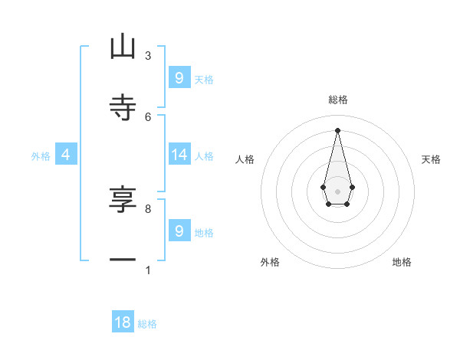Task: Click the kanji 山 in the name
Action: pyautogui.click(x=123, y=47)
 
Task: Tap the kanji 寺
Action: pyautogui.click(x=123, y=107)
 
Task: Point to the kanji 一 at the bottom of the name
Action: pyautogui.click(x=123, y=260)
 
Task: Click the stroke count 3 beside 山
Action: pyautogui.click(x=148, y=55)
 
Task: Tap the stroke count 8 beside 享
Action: pyautogui.click(x=148, y=208)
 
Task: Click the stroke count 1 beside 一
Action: pyautogui.click(x=148, y=270)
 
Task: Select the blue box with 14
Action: pyautogui.click(x=179, y=155)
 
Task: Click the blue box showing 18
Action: pyautogui.click(x=123, y=322)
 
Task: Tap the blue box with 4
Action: pyautogui.click(x=66, y=155)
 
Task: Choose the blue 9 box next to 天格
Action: pyautogui.click(x=179, y=77)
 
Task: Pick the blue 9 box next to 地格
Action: pyautogui.click(x=179, y=231)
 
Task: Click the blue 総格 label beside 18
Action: pyautogui.click(x=147, y=324)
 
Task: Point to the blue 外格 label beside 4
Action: pyautogui.click(x=41, y=155)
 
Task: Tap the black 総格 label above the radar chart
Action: pyautogui.click(x=337, y=100)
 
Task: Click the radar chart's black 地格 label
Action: pyautogui.click(x=402, y=262)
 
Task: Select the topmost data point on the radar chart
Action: pyautogui.click(x=337, y=129)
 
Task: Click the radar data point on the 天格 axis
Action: pyautogui.click(x=352, y=187)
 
